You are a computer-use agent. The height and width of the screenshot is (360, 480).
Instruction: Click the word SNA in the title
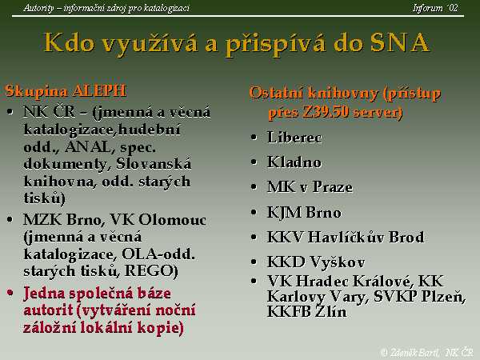(400, 42)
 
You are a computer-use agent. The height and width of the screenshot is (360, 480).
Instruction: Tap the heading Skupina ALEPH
(66, 91)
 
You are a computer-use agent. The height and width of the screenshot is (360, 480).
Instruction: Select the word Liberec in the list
(294, 137)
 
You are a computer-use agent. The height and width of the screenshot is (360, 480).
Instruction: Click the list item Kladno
(294, 162)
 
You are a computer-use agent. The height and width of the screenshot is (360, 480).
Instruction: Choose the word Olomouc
(172, 219)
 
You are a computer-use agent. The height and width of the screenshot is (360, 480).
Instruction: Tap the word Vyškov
(338, 262)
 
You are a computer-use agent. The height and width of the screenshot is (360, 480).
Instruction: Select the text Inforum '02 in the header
(435, 8)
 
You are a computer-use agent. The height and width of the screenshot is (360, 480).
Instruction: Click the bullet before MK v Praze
(254, 186)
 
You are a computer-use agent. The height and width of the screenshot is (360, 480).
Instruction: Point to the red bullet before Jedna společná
(10, 293)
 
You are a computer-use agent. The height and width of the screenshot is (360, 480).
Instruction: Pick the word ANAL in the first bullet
(88, 147)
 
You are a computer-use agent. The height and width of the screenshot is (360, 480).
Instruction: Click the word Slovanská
(154, 164)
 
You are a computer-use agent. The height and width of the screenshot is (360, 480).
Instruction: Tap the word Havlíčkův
(346, 237)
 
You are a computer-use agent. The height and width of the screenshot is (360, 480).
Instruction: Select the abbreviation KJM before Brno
(284, 213)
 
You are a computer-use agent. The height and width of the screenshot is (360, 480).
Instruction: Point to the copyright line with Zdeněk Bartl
(426, 352)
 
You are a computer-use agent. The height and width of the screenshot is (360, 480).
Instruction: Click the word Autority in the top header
(39, 8)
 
